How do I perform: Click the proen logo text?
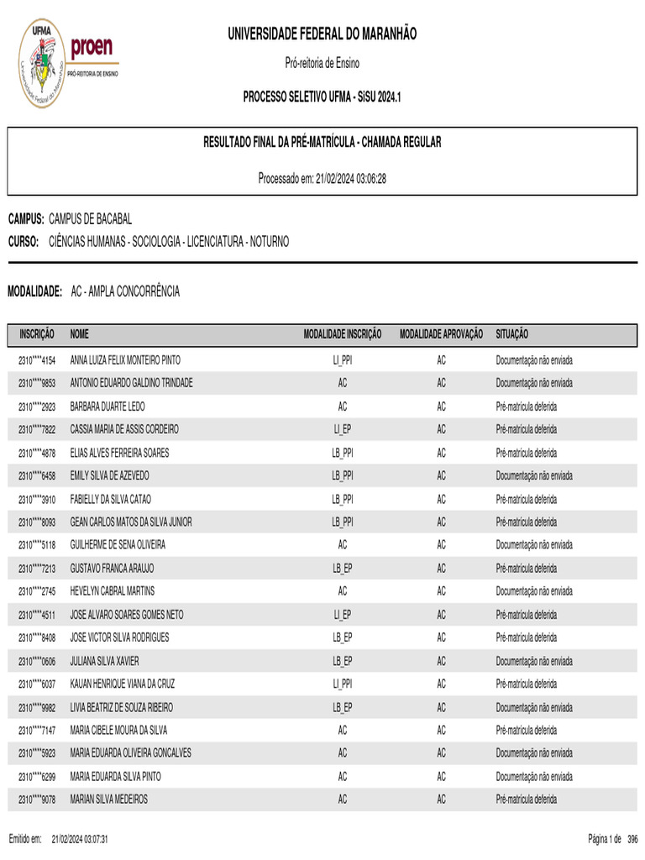[92, 49]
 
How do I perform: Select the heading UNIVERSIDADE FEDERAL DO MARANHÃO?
[322, 34]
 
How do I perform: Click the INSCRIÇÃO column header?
[37, 334]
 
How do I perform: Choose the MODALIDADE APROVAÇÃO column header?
[441, 334]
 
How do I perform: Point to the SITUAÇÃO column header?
[512, 334]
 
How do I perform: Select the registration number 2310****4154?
[37, 360]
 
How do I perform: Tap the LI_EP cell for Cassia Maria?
[342, 429]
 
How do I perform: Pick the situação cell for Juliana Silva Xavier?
[534, 661]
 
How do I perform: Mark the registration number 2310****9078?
[37, 800]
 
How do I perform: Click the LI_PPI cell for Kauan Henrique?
[342, 684]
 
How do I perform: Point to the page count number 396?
[632, 839]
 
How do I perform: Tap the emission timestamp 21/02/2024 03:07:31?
[80, 839]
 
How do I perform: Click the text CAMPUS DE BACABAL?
[91, 219]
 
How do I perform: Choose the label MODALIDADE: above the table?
[35, 291]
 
